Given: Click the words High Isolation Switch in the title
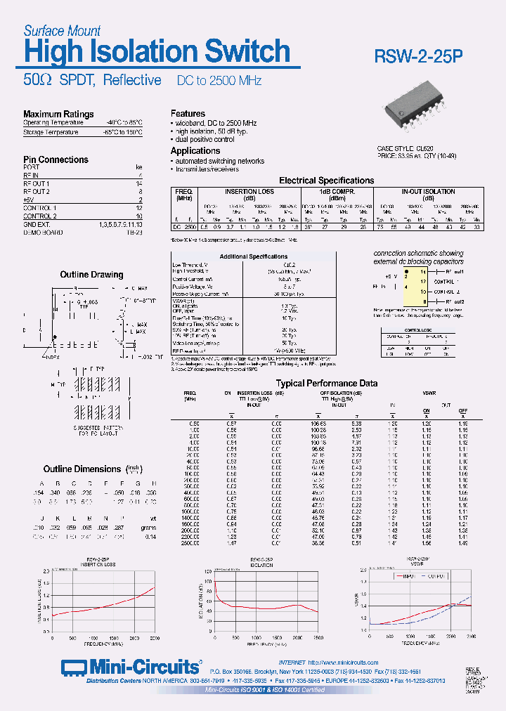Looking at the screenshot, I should point(157,52).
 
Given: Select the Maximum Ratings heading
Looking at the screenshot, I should point(58,114).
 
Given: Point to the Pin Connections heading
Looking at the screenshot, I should point(56,159).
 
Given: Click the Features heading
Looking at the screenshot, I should point(188,113).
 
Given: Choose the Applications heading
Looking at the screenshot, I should point(195,150).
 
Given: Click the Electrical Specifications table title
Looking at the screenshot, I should point(326,181).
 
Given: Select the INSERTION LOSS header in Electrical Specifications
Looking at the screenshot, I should point(249,191).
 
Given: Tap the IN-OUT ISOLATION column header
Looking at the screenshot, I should point(428,191).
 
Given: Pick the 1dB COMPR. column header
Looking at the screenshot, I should point(337,191).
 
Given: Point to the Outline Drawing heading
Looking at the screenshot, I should point(91,275).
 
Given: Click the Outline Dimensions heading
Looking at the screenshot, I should point(82,469).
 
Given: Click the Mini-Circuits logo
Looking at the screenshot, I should point(130,667).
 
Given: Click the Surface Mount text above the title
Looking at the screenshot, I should point(62,31).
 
